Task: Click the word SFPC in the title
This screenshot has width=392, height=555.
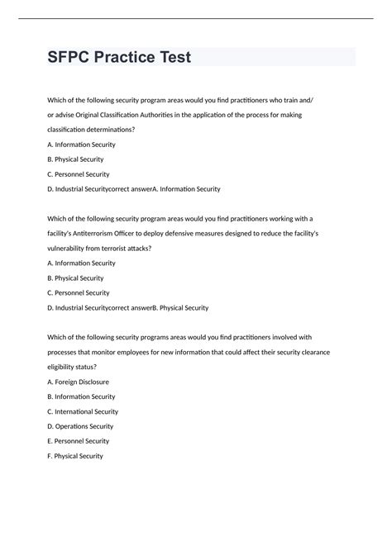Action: click(69, 58)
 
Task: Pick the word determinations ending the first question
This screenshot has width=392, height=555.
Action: click(109, 129)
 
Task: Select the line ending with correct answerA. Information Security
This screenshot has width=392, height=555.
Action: click(134, 189)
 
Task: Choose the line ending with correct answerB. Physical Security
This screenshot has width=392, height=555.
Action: click(128, 308)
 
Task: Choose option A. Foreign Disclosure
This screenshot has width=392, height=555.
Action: click(79, 382)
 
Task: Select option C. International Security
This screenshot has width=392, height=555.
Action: click(83, 411)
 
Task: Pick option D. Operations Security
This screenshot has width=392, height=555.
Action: click(80, 426)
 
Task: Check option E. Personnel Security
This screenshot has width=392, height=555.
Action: click(79, 441)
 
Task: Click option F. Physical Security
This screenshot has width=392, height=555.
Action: click(75, 456)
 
